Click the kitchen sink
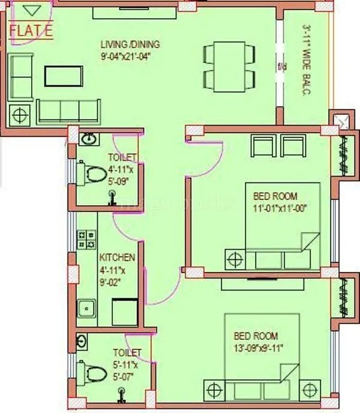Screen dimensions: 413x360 [x=87, y=309]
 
